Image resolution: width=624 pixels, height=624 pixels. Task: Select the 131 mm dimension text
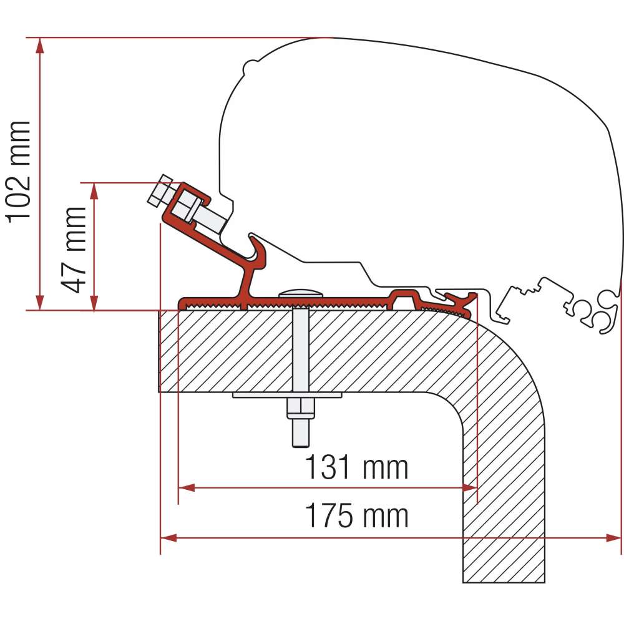coord(356,467)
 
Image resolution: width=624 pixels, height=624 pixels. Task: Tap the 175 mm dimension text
coord(356,516)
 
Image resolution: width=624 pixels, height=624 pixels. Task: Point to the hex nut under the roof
coord(300,409)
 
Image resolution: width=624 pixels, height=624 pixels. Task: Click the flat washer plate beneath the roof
coord(287,395)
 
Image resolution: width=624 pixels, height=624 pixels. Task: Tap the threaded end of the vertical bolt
coord(300,433)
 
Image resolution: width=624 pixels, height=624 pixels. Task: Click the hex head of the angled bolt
coord(160,190)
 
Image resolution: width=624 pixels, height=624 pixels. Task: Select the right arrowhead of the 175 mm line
coord(615,537)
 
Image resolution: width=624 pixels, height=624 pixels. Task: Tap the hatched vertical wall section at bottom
coord(503,530)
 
